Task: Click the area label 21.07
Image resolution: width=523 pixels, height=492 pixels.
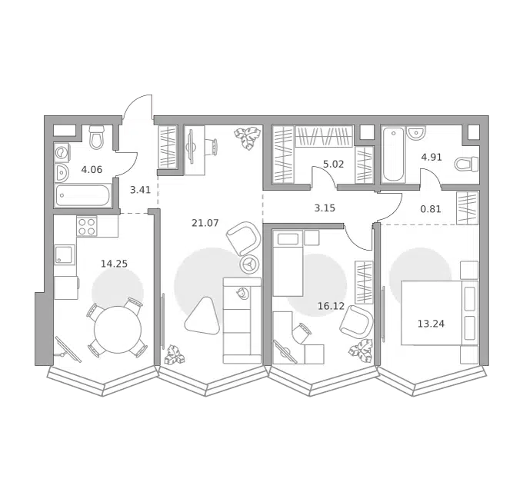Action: pyautogui.click(x=205, y=223)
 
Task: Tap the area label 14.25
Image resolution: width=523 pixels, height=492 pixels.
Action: pyautogui.click(x=114, y=264)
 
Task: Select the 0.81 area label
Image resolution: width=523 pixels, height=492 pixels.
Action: pyautogui.click(x=431, y=209)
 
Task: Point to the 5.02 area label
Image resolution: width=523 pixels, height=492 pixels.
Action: pyautogui.click(x=334, y=164)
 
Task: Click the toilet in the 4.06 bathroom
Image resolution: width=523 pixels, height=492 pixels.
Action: pyautogui.click(x=97, y=137)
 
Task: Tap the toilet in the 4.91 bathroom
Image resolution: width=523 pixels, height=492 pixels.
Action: pyautogui.click(x=467, y=163)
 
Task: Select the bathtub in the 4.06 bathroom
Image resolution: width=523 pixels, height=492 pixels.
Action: pyautogui.click(x=82, y=196)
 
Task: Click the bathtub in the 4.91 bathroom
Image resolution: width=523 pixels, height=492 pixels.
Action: pyautogui.click(x=394, y=154)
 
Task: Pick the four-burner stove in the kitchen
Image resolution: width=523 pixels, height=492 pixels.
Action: pyautogui.click(x=87, y=226)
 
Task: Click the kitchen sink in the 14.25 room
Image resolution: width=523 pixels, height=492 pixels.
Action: pyautogui.click(x=64, y=255)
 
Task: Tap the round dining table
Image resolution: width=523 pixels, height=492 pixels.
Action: pyautogui.click(x=118, y=330)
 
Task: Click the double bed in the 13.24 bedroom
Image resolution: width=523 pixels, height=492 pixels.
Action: pyautogui.click(x=440, y=313)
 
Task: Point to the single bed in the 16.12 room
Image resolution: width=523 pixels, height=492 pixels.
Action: pyautogui.click(x=288, y=263)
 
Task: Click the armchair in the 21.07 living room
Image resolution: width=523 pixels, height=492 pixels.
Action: pyautogui.click(x=244, y=238)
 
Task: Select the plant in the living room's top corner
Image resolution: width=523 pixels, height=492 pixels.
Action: pyautogui.click(x=248, y=138)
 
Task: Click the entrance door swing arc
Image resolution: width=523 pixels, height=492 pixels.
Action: pyautogui.click(x=135, y=103)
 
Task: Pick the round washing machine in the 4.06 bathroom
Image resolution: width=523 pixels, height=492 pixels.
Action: pyautogui.click(x=62, y=153)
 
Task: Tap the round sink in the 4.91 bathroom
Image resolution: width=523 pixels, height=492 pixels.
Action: pyautogui.click(x=415, y=133)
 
